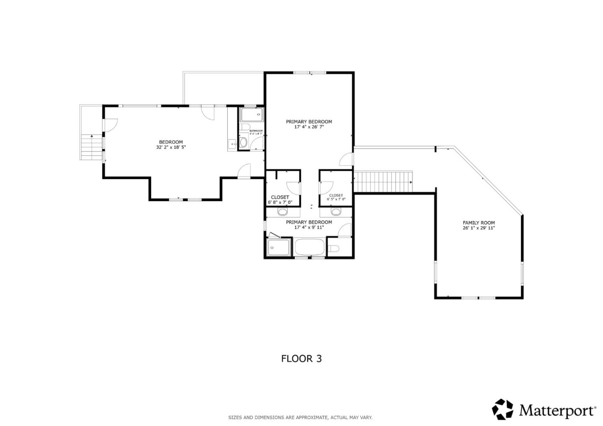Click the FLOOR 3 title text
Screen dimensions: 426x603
coord(301,359)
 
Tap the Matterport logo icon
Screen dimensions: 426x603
coord(502,409)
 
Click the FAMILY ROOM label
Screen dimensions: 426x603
coord(478,223)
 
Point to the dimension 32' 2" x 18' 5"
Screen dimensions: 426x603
coord(170,147)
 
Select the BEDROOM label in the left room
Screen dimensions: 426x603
coord(170,142)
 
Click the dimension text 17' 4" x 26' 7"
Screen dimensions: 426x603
coord(309,127)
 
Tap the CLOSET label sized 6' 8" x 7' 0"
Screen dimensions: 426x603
coord(280,197)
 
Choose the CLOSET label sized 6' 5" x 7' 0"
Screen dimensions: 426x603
coord(336,195)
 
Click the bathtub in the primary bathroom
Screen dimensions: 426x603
coord(310,247)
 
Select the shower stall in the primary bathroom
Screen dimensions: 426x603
coord(278,247)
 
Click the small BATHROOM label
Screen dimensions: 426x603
coord(256,131)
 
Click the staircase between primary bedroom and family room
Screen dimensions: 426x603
coord(382,182)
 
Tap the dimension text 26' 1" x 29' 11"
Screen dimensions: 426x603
coord(478,228)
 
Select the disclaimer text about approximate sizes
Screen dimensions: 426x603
coord(300,417)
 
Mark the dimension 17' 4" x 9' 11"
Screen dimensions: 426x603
coord(309,228)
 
